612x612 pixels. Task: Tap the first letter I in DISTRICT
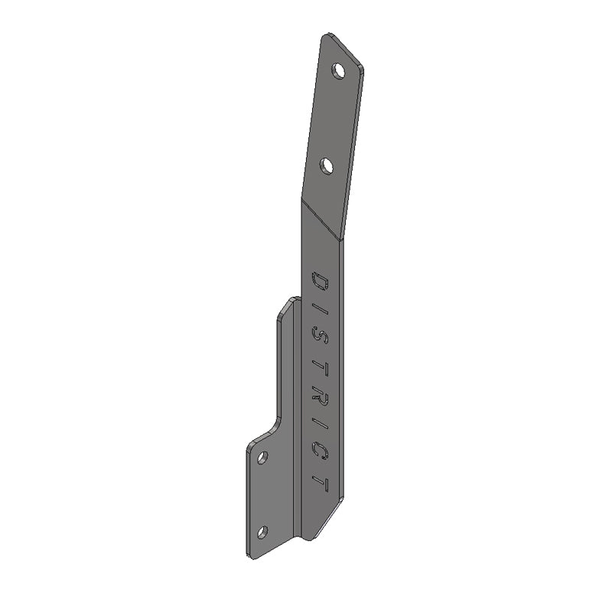[320, 308]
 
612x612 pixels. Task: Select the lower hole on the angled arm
[327, 166]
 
